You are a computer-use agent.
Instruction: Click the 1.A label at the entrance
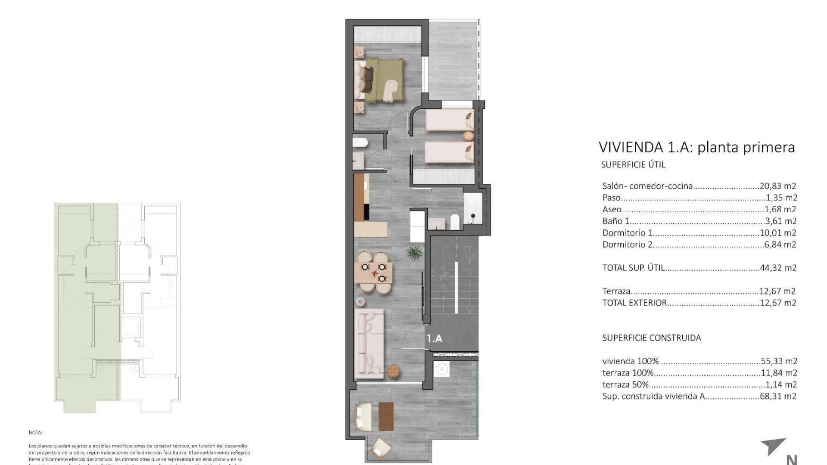(435, 338)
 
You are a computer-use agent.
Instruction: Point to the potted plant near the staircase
(414, 254)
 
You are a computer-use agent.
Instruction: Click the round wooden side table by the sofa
(394, 370)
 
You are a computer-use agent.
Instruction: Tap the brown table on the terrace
(386, 416)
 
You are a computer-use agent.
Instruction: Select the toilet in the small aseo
(359, 143)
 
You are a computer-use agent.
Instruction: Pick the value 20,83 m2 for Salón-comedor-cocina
(778, 186)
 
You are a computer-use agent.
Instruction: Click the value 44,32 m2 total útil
(778, 268)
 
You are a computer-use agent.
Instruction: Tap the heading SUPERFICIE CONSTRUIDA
(651, 338)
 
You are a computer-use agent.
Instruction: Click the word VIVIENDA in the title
(631, 147)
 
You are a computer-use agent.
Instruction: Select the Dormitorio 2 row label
(627, 245)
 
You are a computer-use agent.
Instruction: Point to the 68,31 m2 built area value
(778, 397)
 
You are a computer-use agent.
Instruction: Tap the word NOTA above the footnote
(36, 432)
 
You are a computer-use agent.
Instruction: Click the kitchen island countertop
(370, 229)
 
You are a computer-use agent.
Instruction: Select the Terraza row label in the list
(616, 291)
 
